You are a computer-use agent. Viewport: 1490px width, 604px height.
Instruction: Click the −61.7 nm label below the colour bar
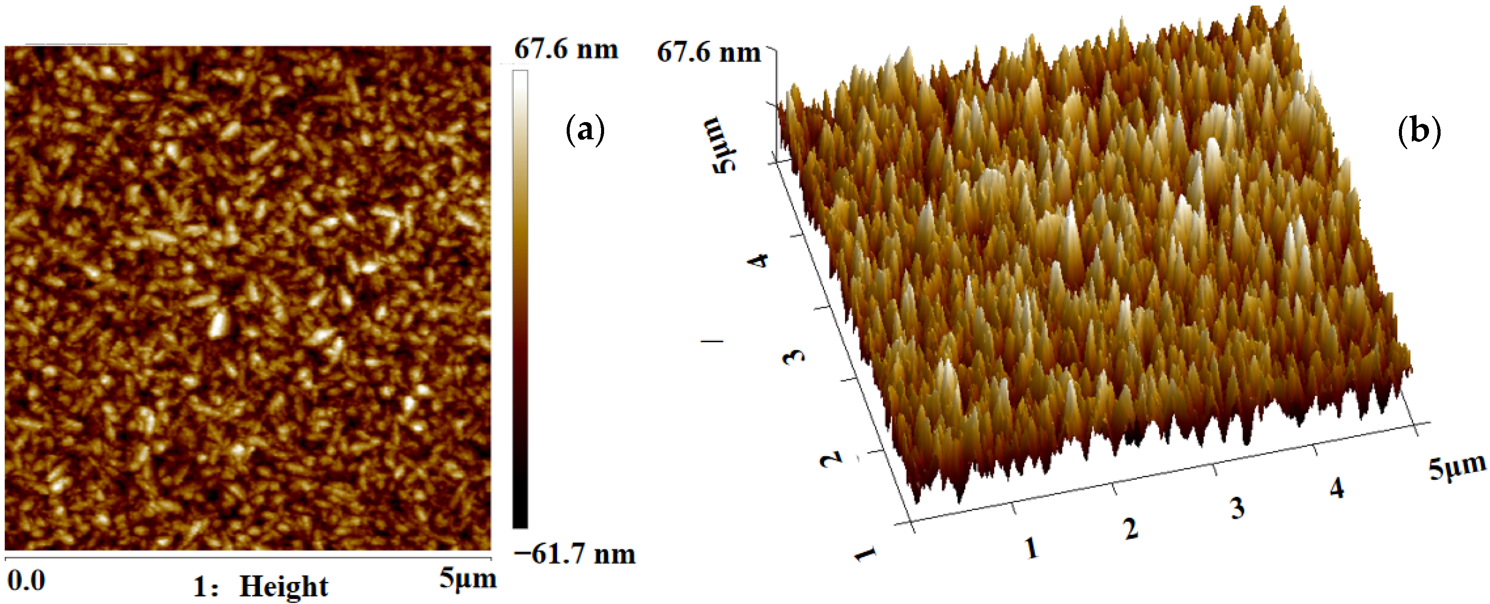pyautogui.click(x=574, y=554)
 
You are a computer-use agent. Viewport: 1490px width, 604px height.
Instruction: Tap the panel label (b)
pyautogui.click(x=1418, y=130)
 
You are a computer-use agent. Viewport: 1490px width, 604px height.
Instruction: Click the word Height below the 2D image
pyautogui.click(x=284, y=587)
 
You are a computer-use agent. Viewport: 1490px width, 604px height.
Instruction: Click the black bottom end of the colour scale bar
pyautogui.click(x=520, y=521)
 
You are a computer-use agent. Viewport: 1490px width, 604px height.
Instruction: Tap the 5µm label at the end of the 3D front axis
pyautogui.click(x=1456, y=467)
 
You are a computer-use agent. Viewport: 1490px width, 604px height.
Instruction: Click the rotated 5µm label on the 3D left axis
pyautogui.click(x=721, y=144)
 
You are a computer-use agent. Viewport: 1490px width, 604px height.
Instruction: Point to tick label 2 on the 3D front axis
pyautogui.click(x=1131, y=528)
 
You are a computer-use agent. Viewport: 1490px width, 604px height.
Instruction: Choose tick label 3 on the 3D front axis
pyautogui.click(x=1237, y=508)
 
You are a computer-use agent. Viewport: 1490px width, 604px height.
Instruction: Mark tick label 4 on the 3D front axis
pyautogui.click(x=1336, y=489)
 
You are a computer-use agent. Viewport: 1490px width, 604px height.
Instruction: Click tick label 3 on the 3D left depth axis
pyautogui.click(x=794, y=355)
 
